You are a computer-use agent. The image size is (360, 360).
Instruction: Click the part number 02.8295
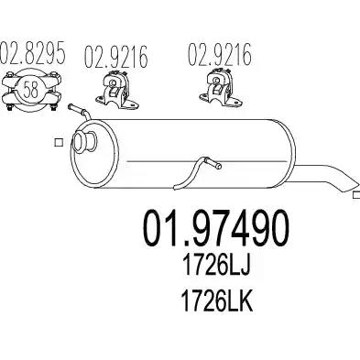32,53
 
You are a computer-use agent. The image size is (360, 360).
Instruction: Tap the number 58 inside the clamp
30,90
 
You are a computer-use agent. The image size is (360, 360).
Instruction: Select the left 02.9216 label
115,57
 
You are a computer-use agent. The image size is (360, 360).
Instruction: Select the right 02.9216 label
219,55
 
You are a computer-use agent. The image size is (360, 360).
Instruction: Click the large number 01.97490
215,228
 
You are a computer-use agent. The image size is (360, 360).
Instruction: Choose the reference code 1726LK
216,300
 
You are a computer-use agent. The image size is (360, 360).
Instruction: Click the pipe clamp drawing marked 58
30,90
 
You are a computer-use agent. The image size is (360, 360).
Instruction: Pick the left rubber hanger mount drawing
117,89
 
